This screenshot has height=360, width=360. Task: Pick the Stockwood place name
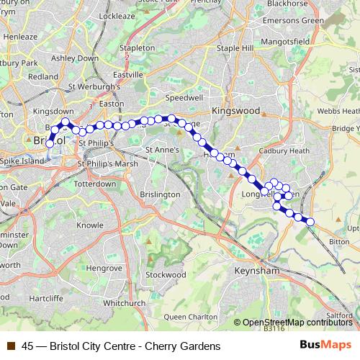166,274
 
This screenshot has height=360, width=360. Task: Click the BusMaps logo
325,345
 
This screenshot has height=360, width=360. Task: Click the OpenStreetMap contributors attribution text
296,322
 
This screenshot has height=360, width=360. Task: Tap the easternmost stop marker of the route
310,222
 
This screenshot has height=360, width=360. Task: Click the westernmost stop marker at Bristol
50,144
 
